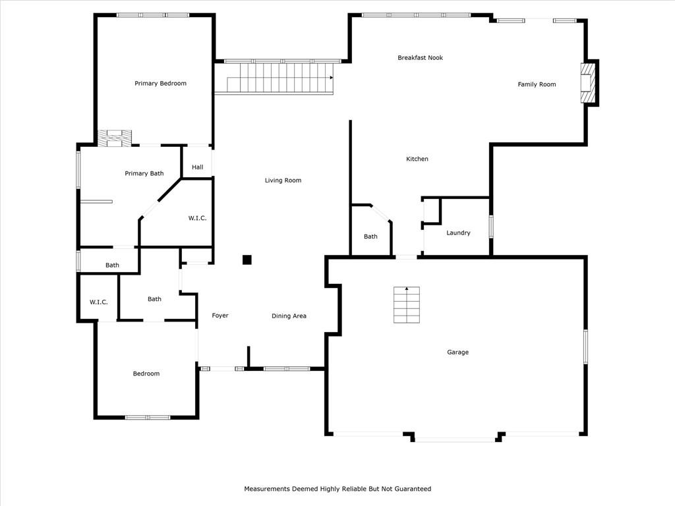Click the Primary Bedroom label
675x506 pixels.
161,84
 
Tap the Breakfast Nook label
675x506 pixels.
420,58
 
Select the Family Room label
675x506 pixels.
537,84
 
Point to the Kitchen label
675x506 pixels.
417,159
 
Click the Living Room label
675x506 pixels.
283,181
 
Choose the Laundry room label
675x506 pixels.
458,233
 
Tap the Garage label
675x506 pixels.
457,352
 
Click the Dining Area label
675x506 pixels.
289,316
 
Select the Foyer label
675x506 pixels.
220,316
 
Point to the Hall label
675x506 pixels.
198,167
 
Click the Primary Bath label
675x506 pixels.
144,173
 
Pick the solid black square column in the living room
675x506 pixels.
247,260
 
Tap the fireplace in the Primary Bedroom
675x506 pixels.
115,138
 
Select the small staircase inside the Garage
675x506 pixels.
406,304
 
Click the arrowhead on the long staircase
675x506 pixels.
332,78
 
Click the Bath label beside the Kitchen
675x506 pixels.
370,237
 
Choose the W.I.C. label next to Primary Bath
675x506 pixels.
197,218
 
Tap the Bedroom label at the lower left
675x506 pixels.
146,374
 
